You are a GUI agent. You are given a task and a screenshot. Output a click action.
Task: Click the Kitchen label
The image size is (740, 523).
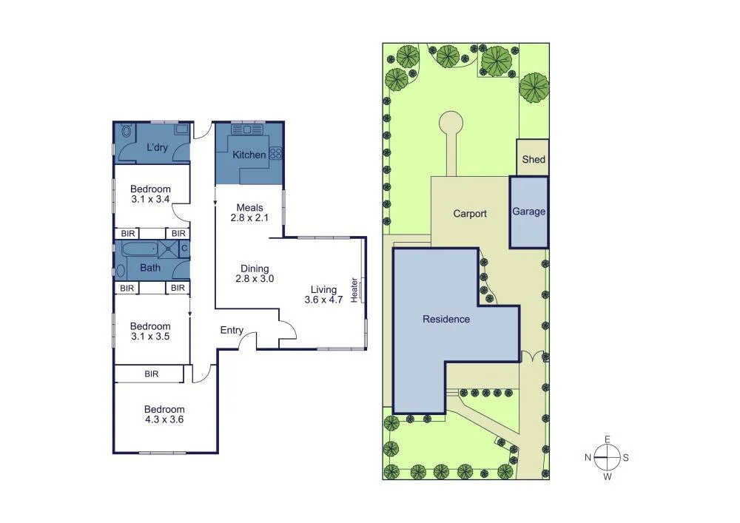[249, 155]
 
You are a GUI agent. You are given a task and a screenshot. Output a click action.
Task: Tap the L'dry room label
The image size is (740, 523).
[157, 148]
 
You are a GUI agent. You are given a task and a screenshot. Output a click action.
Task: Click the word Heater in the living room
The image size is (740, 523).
[354, 289]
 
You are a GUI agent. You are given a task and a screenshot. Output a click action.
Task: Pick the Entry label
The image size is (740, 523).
[232, 331]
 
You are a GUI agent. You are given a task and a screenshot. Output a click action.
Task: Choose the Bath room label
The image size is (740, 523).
[150, 269]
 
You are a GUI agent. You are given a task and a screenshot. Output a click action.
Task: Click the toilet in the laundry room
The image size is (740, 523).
[126, 132]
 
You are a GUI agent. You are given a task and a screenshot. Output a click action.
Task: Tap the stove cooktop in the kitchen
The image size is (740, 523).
[276, 154]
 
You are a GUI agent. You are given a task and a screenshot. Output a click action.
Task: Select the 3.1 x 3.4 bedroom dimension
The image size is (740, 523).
[150, 200]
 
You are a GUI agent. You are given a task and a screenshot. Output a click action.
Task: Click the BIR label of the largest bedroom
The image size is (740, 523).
[152, 374]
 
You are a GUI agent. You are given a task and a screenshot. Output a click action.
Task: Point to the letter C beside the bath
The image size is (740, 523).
[184, 249]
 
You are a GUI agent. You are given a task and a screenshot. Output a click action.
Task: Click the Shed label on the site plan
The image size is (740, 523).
[534, 160]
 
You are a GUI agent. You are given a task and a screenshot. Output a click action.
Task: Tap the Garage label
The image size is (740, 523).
[529, 212]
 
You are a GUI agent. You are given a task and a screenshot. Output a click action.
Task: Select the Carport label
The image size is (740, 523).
[470, 214]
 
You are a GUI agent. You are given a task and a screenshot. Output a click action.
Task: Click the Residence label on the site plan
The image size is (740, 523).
[446, 320]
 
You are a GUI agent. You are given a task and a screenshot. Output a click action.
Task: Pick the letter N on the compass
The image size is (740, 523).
[588, 458]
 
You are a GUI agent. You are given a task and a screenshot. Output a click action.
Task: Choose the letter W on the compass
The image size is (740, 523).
[608, 476]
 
